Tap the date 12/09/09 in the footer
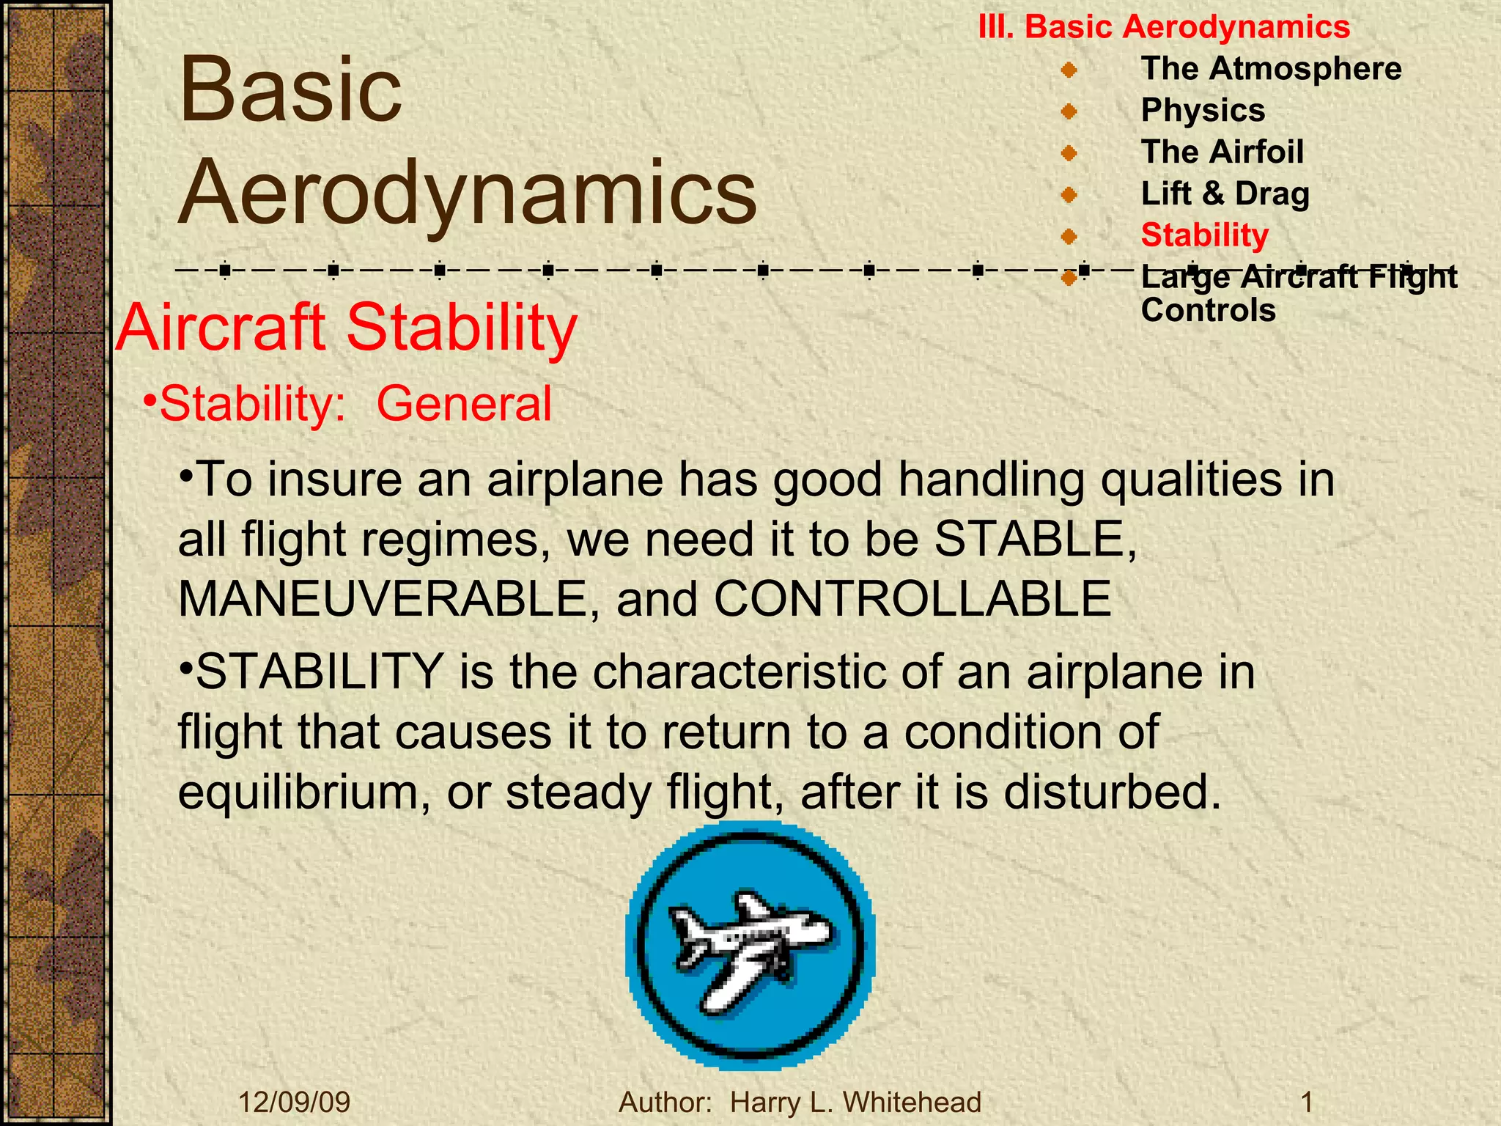pos(294,1102)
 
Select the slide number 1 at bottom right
pos(1306,1102)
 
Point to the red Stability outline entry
pos(1204,235)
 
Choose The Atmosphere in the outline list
pos(1271,69)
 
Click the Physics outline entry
pos(1203,111)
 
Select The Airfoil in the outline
pos(1222,152)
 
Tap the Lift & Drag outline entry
pos(1225,194)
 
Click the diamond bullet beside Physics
pos(1069,111)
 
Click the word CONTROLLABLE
pos(912,599)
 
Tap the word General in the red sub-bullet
pos(463,404)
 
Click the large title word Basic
pos(290,91)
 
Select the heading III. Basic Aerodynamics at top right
pos(1164,27)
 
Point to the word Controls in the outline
pos(1208,311)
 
